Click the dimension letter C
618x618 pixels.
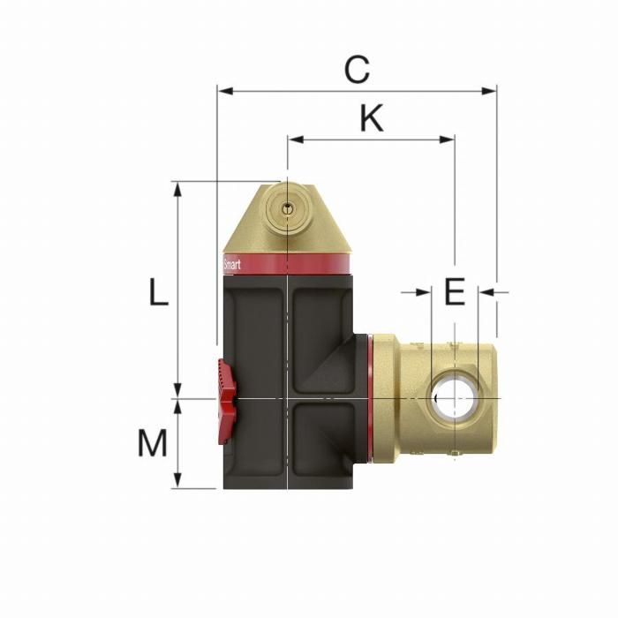(x=357, y=70)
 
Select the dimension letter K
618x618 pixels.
(x=372, y=118)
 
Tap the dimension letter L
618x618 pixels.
(x=157, y=291)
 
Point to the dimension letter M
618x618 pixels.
(x=152, y=444)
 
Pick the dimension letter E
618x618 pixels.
(x=454, y=291)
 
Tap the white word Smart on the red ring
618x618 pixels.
(x=231, y=263)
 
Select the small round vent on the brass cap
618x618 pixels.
(x=284, y=208)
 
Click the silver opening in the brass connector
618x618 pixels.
(x=451, y=398)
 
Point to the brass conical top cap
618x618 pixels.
(x=286, y=221)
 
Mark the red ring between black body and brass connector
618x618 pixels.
(x=370, y=397)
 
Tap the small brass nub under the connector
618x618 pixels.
(x=453, y=456)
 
